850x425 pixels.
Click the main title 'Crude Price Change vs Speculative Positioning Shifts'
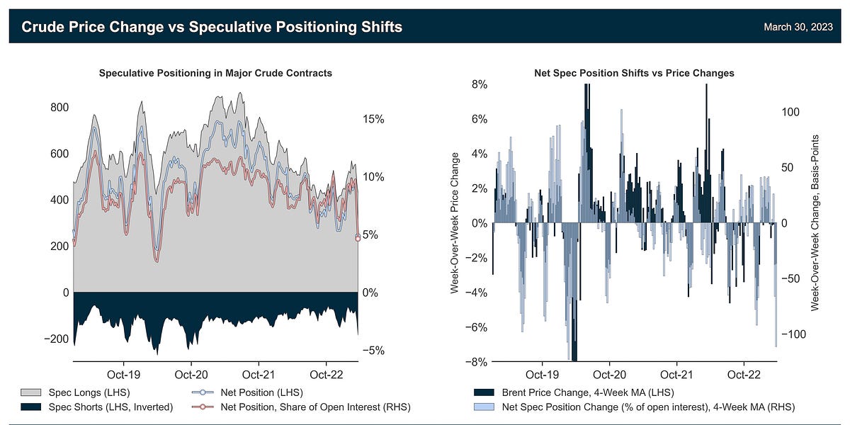pos(212,27)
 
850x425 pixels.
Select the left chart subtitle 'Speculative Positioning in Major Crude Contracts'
pos(215,73)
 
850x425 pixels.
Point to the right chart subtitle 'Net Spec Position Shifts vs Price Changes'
pos(633,73)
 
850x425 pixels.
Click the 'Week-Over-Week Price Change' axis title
pos(455,223)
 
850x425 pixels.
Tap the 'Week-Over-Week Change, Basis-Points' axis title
pos(815,223)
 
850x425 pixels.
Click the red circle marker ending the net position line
pos(358,238)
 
